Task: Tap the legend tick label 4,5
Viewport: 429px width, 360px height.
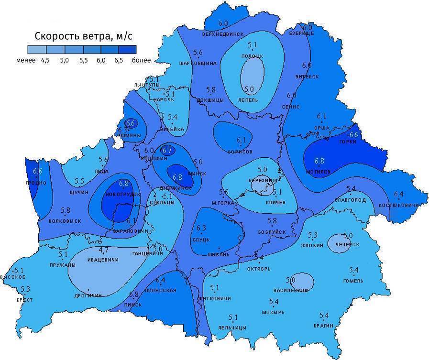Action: point(46,60)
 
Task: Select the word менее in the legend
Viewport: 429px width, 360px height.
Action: point(25,60)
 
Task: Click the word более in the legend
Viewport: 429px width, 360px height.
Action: point(142,60)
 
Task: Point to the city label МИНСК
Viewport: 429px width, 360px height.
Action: point(198,173)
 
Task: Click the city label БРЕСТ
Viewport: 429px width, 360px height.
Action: point(24,300)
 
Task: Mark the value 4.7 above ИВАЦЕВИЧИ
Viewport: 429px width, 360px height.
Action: point(103,250)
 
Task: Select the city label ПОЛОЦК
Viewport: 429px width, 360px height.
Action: point(253,56)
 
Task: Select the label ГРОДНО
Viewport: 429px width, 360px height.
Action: point(36,183)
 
